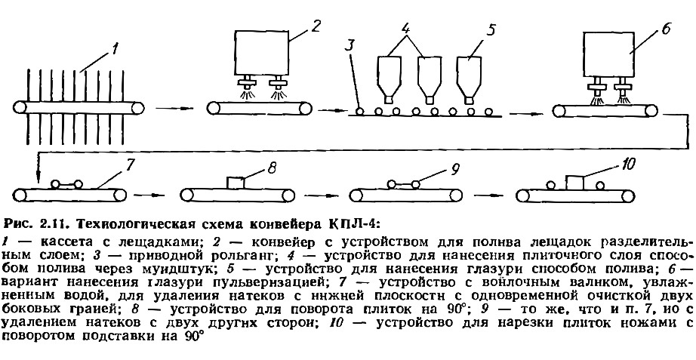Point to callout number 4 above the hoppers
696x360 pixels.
tap(405, 32)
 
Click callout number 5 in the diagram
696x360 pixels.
tap(491, 32)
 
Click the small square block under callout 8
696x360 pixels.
tap(236, 183)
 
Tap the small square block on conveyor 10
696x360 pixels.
tap(574, 182)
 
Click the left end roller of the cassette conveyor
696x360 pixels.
tap(20, 108)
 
